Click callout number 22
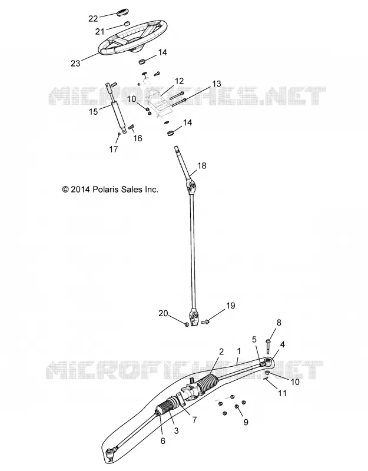point(93,19)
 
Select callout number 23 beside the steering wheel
point(75,63)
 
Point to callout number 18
point(202,165)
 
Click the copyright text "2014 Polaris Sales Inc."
point(114,190)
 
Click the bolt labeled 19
point(205,321)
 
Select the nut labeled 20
point(186,324)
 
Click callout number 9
point(246,422)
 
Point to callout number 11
point(282,393)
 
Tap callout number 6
point(163,441)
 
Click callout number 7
point(194,420)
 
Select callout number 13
point(216,84)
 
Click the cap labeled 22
point(122,14)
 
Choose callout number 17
point(113,149)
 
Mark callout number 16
point(138,138)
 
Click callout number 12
point(179,81)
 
